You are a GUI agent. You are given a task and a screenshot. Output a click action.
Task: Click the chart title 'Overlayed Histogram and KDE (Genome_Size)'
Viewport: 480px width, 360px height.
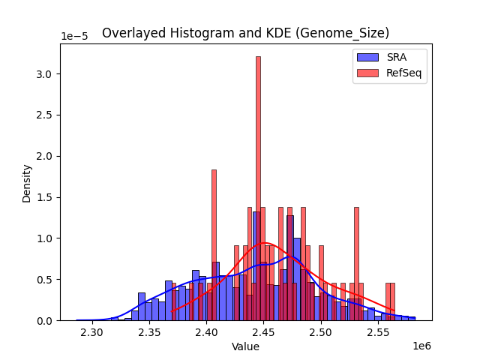(245, 33)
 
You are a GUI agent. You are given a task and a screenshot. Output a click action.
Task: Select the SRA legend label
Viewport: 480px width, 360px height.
(397, 56)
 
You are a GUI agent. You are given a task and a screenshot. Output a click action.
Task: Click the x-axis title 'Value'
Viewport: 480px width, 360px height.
(245, 346)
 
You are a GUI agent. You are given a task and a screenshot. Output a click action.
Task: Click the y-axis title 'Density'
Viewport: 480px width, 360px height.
(27, 182)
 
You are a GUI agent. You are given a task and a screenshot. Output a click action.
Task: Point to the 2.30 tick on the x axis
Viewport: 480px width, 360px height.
(92, 332)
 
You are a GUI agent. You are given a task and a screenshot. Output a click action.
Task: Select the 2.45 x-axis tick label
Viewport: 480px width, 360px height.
(263, 332)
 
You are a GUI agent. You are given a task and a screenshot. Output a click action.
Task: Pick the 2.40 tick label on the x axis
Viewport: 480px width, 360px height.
(206, 332)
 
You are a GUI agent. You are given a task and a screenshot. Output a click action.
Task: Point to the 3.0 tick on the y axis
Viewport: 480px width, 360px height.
(46, 74)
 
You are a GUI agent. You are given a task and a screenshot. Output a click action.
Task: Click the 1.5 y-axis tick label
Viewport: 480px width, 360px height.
(46, 197)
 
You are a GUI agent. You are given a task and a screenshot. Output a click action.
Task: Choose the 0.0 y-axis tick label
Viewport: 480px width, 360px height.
(46, 321)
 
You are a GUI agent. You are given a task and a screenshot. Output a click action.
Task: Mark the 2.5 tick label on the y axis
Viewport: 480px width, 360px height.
(46, 115)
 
